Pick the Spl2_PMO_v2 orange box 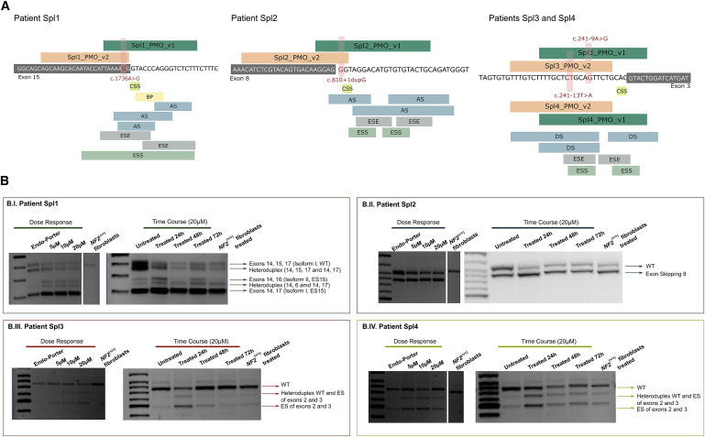(295, 57)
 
